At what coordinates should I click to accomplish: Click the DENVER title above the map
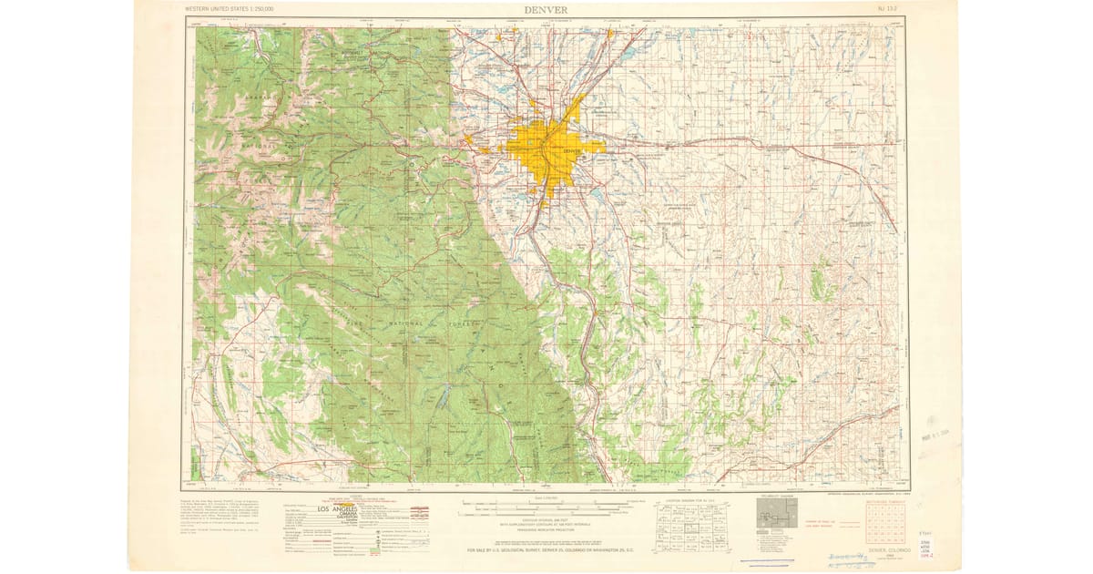546,9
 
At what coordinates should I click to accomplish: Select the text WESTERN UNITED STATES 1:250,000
230,9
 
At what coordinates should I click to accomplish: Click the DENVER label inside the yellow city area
571,150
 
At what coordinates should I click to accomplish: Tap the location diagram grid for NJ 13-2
690,525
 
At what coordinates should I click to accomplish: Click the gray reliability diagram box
776,516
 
